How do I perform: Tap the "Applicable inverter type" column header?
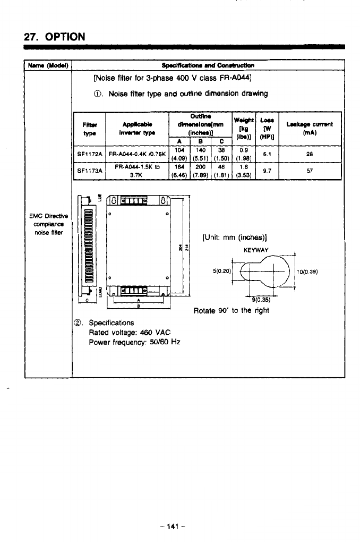point(136,128)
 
